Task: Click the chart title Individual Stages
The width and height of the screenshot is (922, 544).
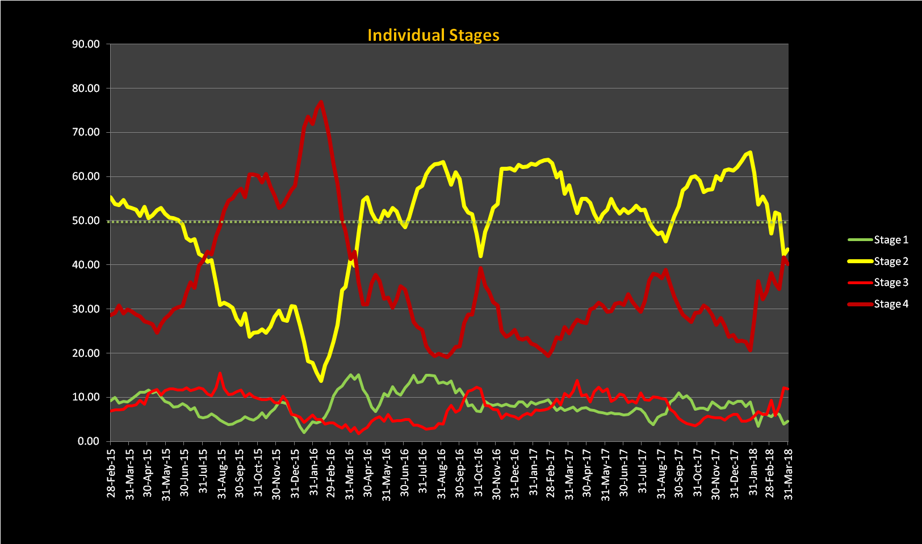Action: tap(433, 35)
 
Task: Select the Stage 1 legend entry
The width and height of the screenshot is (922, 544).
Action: tap(891, 240)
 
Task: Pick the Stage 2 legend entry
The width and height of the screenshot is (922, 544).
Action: tap(891, 262)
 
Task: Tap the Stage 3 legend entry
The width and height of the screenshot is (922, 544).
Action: tap(891, 282)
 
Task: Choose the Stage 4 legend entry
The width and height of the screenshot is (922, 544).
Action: tap(891, 304)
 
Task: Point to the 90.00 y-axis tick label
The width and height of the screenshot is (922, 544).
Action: tap(86, 44)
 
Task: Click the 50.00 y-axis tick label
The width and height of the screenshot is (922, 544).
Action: tap(86, 221)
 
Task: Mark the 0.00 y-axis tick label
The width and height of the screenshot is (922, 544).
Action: tap(89, 441)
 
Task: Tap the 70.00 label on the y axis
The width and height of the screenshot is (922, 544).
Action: tap(86, 132)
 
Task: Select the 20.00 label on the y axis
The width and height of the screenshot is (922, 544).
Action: tap(86, 353)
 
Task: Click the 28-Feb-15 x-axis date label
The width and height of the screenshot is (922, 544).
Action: tap(111, 473)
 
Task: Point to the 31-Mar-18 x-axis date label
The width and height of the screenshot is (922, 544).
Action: tap(789, 474)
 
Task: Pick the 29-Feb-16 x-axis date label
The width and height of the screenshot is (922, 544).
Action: tap(331, 473)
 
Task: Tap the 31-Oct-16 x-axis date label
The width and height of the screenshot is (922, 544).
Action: tap(478, 474)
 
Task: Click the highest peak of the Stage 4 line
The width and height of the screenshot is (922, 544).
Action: tap(321, 102)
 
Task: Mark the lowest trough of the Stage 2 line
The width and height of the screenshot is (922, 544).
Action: tap(321, 381)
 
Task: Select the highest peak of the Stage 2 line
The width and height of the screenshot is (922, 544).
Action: tap(751, 152)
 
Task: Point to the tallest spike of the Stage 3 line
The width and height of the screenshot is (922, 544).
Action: tap(220, 374)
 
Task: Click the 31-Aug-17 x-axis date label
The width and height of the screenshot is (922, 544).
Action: tap(661, 474)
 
